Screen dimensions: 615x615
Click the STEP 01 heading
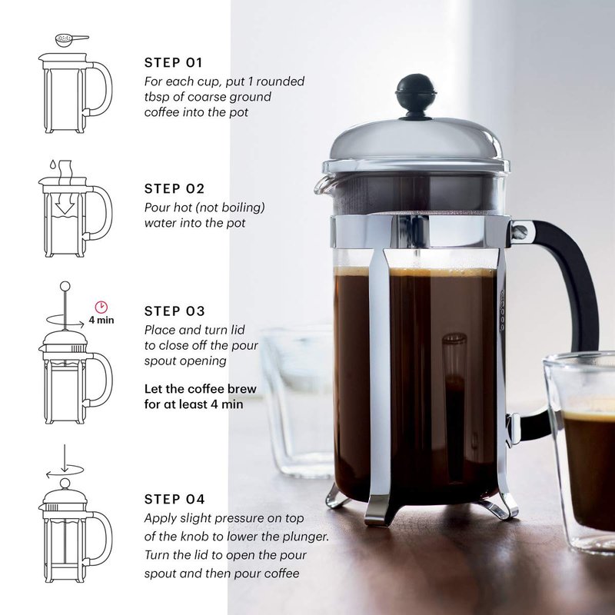173,62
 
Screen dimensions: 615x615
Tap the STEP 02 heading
175,188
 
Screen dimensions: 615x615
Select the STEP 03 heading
175,311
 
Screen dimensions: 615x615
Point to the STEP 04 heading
175,499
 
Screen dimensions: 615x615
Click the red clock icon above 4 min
101,307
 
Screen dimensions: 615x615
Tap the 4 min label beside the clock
101,320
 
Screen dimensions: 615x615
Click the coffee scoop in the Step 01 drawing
71,40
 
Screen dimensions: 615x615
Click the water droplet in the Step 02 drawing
52,164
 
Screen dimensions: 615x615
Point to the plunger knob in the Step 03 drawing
65,286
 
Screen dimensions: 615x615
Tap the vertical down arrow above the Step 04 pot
65,458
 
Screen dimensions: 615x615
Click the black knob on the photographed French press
416,96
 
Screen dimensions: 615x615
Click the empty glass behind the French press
298,400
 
